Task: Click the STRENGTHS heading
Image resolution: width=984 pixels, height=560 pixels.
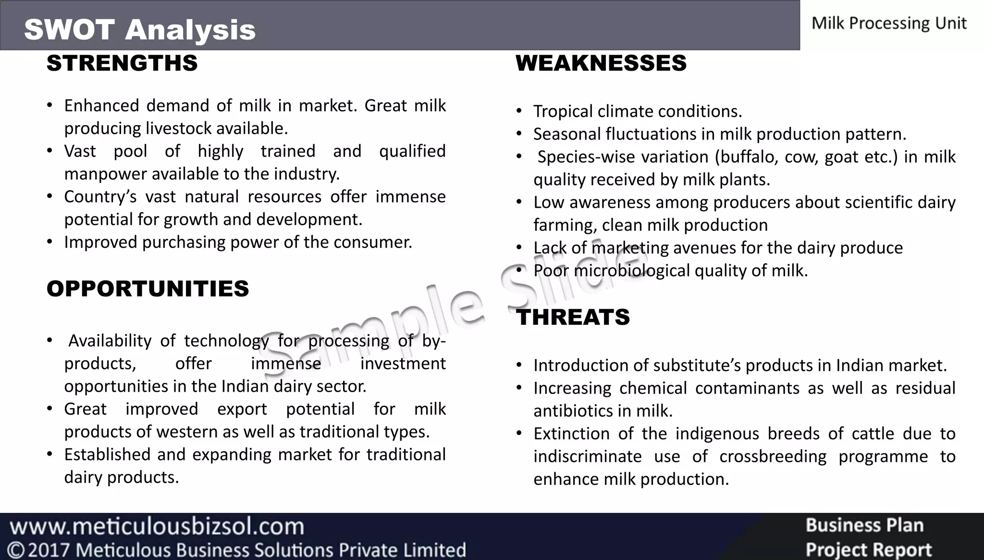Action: pos(122,64)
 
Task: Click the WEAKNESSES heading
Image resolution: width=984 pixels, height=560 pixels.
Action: pos(601,64)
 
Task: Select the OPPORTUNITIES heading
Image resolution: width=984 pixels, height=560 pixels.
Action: pos(148,289)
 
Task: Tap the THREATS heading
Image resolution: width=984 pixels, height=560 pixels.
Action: pos(573,318)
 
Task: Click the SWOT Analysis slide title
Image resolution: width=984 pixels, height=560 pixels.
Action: pos(140,30)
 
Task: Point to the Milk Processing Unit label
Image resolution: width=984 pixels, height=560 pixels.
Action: pos(889,23)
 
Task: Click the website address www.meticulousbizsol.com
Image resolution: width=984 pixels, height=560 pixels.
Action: pos(157,526)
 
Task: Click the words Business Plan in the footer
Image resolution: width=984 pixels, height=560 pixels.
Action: pos(864,525)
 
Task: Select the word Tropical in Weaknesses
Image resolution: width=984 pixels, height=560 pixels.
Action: pos(563,112)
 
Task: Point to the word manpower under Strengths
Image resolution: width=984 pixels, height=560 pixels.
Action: pos(106,174)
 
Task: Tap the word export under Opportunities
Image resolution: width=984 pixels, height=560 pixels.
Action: pos(242,409)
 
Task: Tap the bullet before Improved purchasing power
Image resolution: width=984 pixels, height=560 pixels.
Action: pos(49,242)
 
